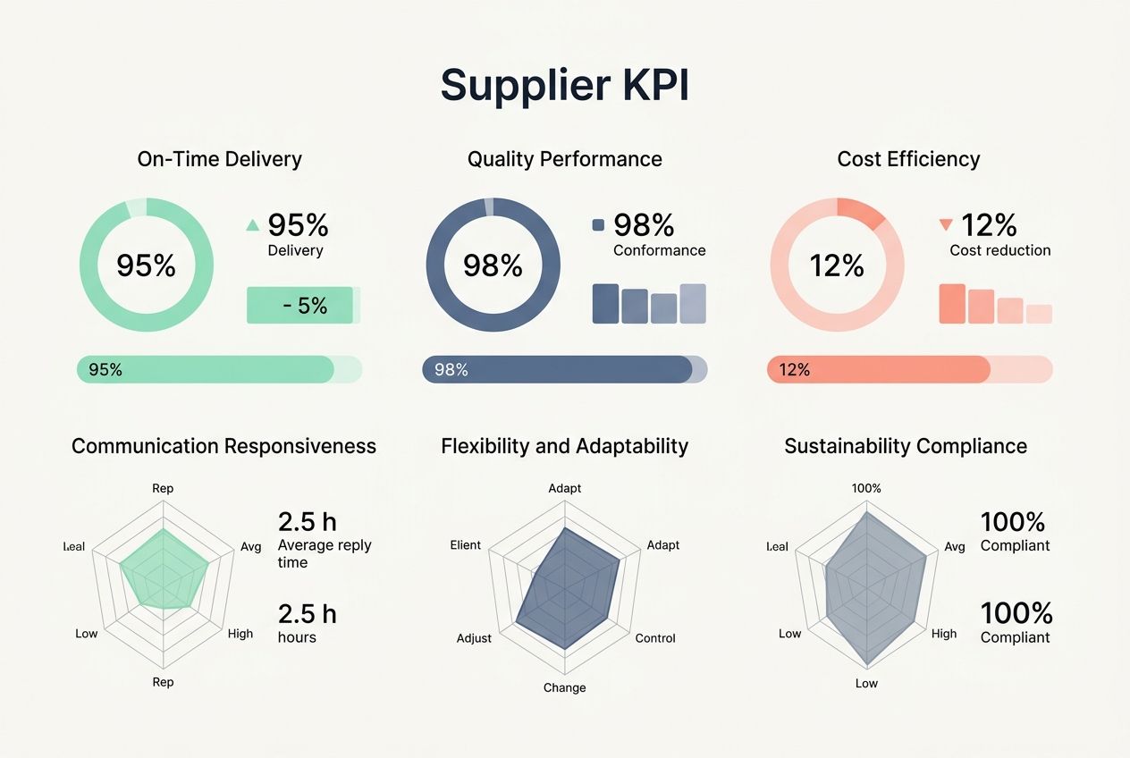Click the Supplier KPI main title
tap(564, 85)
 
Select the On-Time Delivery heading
tap(219, 159)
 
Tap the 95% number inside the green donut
tap(147, 265)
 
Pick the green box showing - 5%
tap(300, 306)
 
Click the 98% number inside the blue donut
tap(493, 265)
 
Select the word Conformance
tap(659, 250)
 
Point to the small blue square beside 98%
tap(598, 226)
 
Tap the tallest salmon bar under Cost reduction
tap(952, 304)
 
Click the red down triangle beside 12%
tap(945, 225)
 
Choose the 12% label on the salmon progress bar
tap(794, 369)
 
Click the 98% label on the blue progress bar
tap(451, 369)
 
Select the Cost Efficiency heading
tap(908, 159)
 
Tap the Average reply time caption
tap(325, 553)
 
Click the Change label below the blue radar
tap(565, 687)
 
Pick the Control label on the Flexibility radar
tap(655, 638)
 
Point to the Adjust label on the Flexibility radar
tap(474, 638)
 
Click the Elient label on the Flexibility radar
tap(466, 544)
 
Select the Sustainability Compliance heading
tap(906, 446)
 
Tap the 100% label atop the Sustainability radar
tap(866, 488)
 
